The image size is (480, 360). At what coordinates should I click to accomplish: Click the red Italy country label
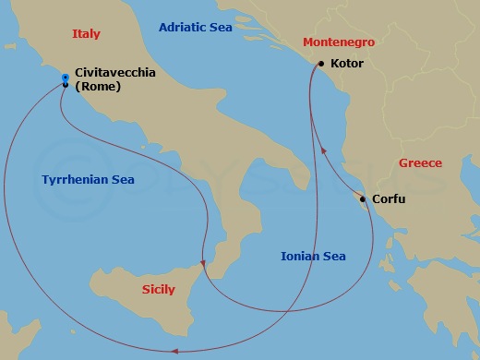point(86,34)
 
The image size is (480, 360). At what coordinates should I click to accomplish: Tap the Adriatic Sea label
point(195,28)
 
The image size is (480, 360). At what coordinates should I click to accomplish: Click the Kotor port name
point(346,64)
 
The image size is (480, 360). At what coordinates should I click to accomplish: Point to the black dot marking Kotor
point(320,64)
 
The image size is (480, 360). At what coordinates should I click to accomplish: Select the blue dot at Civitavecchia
point(65,78)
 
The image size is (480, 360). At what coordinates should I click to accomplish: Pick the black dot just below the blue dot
point(65,85)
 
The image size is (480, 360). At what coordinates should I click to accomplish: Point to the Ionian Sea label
point(314,256)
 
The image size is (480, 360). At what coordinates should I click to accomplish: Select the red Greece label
point(420,163)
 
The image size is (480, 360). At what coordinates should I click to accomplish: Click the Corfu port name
point(389,198)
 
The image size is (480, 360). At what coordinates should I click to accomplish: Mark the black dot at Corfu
point(363,198)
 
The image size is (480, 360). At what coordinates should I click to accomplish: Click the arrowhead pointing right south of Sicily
point(173,350)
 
